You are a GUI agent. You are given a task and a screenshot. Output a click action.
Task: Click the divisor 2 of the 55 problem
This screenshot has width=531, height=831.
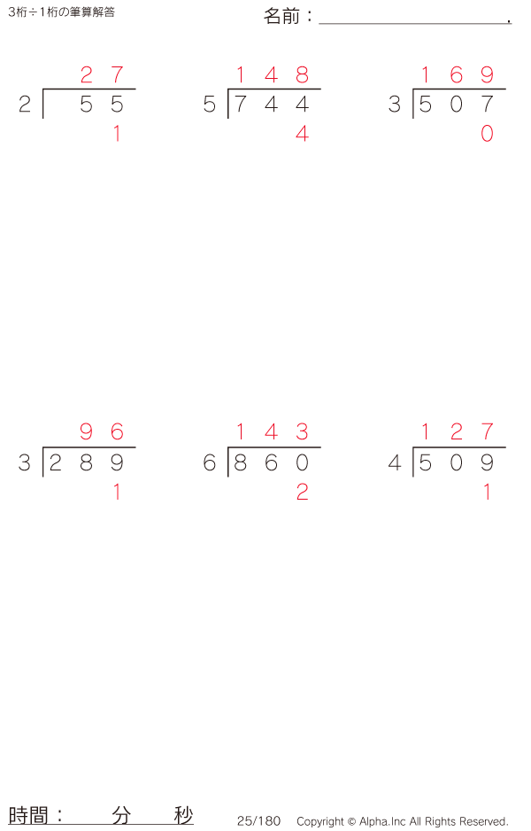coord(25,105)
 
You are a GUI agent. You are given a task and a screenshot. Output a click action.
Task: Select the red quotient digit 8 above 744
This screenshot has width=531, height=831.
coord(302,74)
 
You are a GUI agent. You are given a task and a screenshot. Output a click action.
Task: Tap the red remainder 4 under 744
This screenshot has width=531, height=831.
coord(302,135)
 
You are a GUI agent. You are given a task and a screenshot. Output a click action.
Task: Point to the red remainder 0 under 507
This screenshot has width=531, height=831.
coord(487,135)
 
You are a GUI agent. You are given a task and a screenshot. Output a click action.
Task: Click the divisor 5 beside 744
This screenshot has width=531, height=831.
coord(210,105)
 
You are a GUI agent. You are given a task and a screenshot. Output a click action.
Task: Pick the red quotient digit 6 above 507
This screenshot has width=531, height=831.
coord(456,74)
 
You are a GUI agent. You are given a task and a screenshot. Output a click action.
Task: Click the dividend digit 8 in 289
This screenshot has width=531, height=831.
coord(87,462)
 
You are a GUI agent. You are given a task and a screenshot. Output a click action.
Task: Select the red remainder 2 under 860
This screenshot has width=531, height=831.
coord(302,493)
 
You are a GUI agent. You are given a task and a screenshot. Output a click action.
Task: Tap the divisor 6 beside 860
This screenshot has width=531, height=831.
coord(210,462)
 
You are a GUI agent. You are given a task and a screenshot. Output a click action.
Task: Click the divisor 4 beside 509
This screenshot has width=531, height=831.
coord(395,462)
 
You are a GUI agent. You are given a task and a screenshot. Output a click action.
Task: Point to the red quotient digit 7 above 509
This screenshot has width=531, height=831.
coord(487,432)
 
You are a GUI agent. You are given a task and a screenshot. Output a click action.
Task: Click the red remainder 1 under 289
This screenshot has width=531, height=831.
coord(117,493)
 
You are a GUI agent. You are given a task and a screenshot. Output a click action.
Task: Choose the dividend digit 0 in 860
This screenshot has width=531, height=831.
coord(302,462)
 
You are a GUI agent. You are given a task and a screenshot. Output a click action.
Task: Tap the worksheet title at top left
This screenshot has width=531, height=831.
coord(61,12)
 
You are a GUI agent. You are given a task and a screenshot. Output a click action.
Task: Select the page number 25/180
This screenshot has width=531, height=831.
coord(258,821)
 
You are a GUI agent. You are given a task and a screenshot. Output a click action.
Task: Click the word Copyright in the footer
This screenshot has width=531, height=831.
coord(319,821)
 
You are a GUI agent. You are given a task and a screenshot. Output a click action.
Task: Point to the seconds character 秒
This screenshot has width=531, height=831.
coord(183,815)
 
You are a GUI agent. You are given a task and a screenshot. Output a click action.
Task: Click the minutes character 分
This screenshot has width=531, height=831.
coord(121,815)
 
